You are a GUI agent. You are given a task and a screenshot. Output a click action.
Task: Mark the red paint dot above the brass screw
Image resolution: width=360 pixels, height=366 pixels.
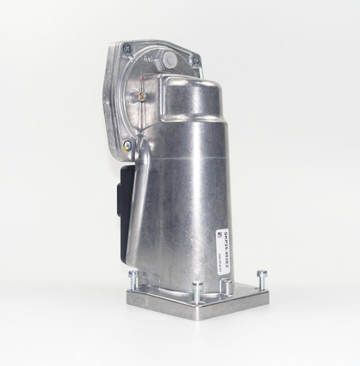point(144,79)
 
